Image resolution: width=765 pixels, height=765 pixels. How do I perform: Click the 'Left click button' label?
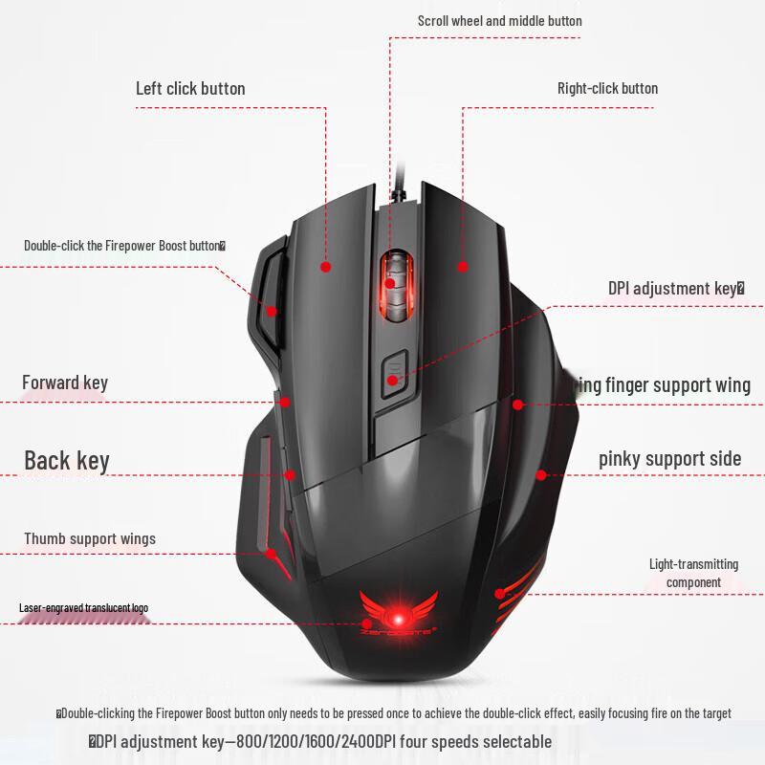190,89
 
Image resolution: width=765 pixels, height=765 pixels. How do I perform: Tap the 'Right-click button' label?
607,89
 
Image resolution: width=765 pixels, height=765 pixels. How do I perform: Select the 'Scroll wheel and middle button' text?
499,21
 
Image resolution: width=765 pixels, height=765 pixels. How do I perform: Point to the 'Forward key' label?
65,383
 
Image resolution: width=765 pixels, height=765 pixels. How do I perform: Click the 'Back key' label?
67,461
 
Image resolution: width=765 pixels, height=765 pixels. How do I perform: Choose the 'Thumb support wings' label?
90,539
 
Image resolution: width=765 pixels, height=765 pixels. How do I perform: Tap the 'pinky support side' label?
669,459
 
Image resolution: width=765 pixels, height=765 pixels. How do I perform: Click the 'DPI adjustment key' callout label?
675,288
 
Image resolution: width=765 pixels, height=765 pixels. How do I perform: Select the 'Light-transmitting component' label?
693,573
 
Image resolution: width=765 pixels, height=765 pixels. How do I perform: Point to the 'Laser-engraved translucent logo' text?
83,608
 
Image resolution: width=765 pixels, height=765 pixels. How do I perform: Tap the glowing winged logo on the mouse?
398,610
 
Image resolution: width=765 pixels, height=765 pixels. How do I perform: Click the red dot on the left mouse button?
325,267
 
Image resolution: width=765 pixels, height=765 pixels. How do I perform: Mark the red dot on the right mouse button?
463,267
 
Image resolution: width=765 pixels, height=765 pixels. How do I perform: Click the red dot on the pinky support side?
540,474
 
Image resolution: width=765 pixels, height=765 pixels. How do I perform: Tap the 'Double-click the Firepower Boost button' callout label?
124,246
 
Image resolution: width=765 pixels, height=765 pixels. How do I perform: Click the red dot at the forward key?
284,403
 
